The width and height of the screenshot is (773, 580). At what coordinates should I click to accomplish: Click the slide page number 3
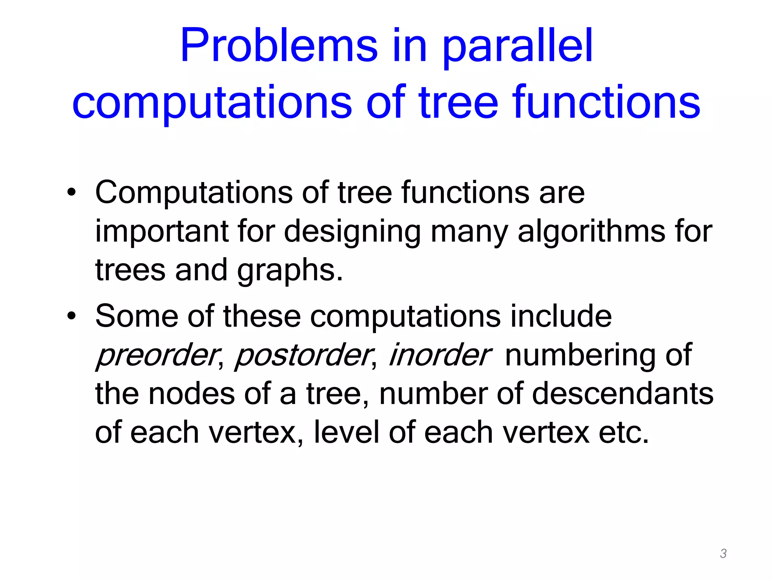[723, 554]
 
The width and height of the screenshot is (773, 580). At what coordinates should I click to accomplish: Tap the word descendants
[622, 394]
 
